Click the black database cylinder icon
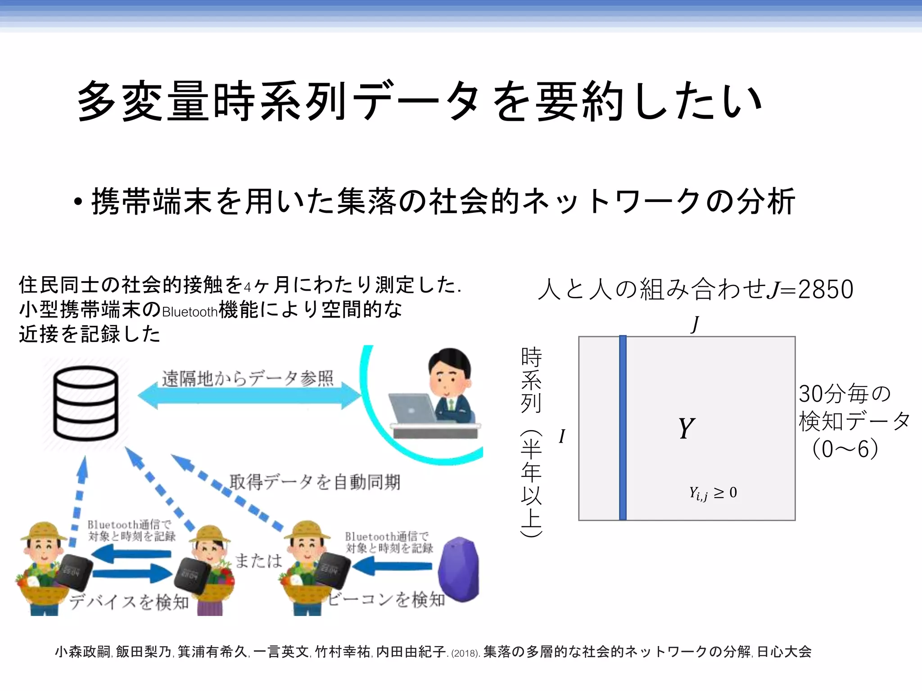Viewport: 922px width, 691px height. coord(86,403)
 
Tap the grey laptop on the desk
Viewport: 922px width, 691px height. coord(412,409)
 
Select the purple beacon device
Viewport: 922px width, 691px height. coord(458,569)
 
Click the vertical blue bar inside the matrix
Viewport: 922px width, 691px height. coord(623,428)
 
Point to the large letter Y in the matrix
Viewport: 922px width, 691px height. coord(686,428)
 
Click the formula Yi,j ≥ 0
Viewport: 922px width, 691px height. coord(713,493)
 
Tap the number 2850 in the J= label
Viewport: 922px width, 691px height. coord(825,289)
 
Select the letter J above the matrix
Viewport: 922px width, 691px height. coord(696,324)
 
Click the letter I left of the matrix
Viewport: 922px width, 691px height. coord(562,436)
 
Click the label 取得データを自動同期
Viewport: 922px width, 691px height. coord(314,482)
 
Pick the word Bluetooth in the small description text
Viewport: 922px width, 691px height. coord(190,312)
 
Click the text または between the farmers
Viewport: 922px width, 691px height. coord(259,561)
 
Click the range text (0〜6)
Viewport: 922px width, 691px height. coord(845,449)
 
